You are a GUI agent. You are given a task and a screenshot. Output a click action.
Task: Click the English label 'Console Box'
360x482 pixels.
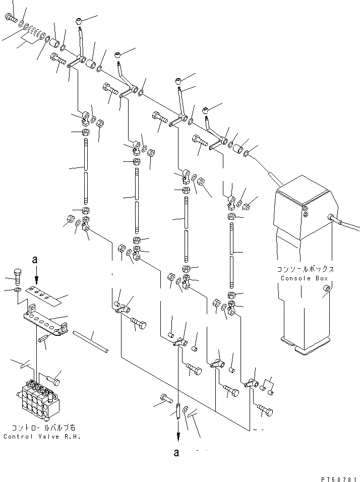tap(305, 278)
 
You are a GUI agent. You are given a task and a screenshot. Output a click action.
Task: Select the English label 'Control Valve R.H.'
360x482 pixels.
tap(42, 436)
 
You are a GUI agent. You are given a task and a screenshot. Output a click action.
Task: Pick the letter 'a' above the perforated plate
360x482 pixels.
tap(35, 260)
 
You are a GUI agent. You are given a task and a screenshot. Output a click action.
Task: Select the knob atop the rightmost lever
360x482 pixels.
tap(206, 109)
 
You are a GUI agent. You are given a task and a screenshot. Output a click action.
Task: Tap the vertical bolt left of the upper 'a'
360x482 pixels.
tap(18, 275)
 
